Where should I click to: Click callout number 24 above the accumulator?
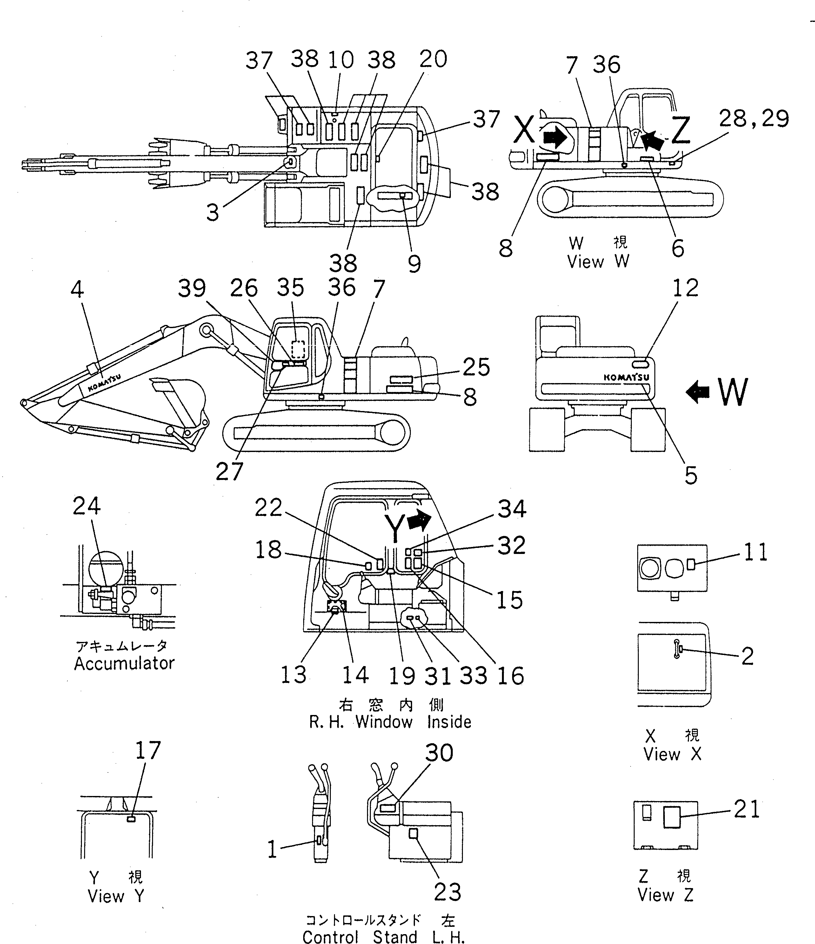coord(86,506)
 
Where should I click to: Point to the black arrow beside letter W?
coord(698,392)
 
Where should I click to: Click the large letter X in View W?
coord(524,130)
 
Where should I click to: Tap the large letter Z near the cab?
coord(680,131)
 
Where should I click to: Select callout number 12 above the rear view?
coord(685,288)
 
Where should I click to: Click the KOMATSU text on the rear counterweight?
coord(626,378)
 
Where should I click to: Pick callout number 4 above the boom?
coord(77,289)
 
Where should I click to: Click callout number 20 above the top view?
coord(433,59)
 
